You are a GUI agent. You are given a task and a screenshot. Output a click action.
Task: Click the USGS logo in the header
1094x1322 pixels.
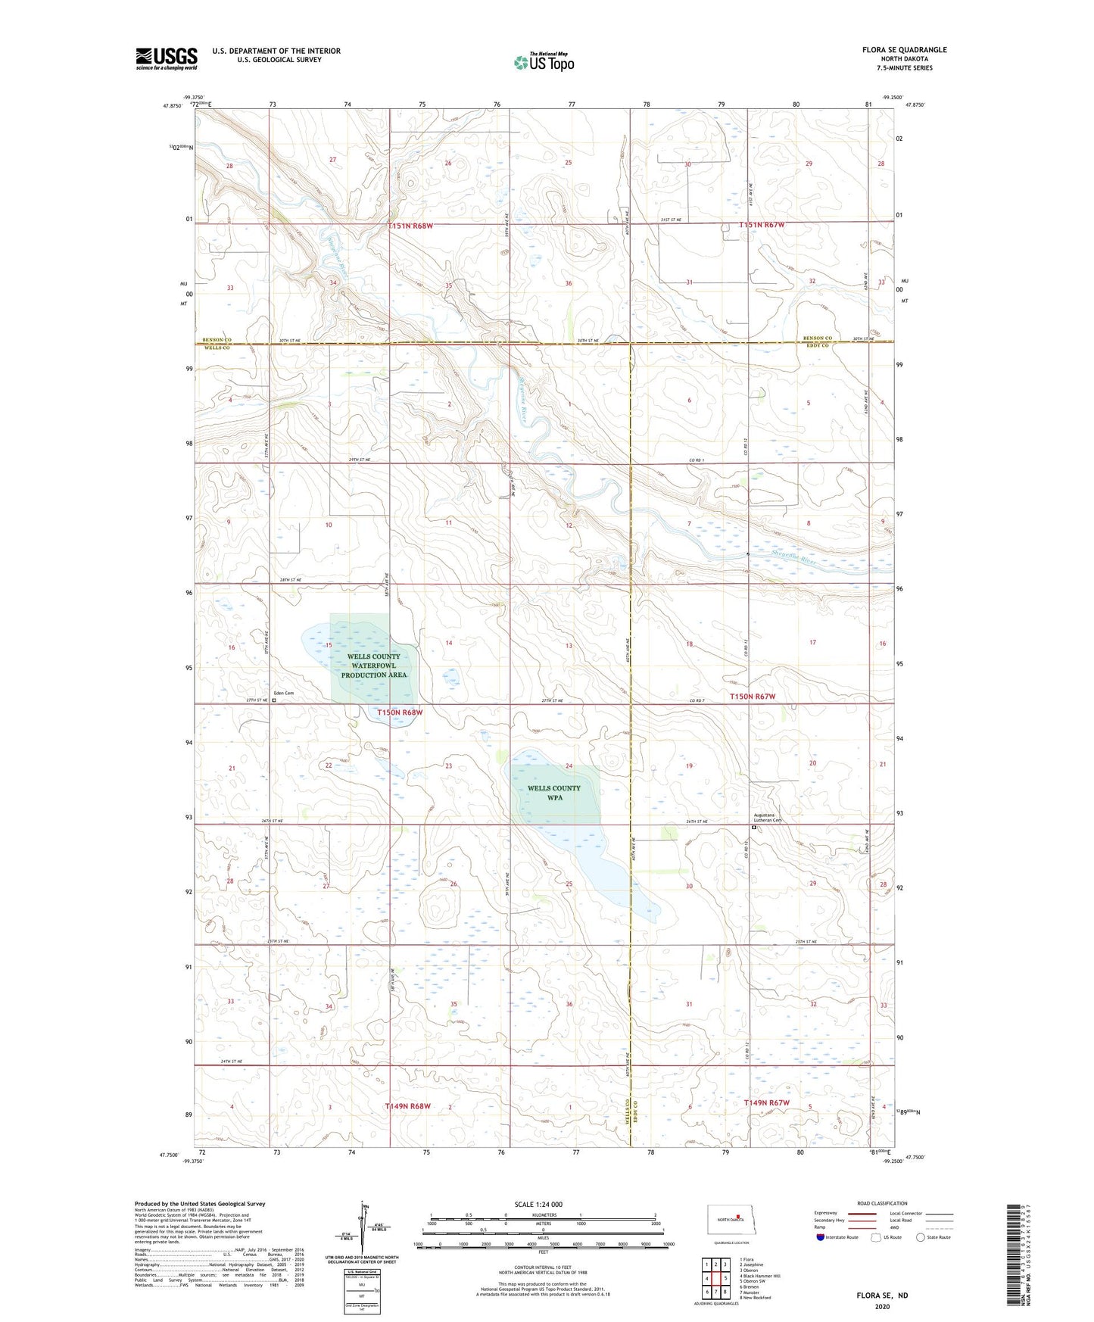[x=166, y=58]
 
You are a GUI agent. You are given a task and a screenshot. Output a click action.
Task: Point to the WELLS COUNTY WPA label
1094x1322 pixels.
[x=554, y=792]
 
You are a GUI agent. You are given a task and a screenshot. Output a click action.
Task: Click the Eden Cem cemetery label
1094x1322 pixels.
[x=284, y=693]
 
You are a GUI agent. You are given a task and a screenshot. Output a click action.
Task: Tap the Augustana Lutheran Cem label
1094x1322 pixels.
[x=766, y=818]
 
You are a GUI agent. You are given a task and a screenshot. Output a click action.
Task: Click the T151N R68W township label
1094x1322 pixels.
[x=420, y=226]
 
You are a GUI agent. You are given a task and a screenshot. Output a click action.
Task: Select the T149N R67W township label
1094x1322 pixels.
[x=766, y=1102]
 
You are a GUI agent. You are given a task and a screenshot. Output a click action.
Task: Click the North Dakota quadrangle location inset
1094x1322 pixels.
[x=732, y=1218]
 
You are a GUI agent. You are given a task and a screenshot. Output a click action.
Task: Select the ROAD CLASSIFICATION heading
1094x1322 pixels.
[x=882, y=1203]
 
